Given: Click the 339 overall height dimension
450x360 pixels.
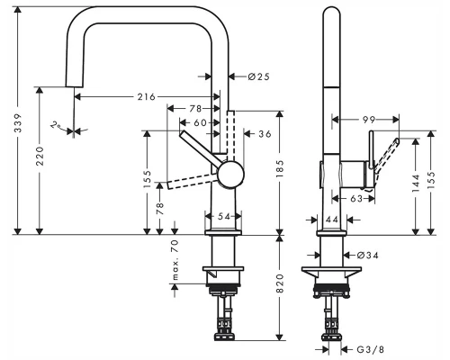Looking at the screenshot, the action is coord(18,122).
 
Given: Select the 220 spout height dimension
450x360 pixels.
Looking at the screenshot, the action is coord(40,156).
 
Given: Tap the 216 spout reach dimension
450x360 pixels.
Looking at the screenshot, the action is coord(147,97).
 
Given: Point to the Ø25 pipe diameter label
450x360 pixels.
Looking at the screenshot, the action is coord(259,76).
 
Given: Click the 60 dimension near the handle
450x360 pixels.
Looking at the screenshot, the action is coord(200,122).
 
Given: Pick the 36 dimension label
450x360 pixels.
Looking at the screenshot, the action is coord(265,134).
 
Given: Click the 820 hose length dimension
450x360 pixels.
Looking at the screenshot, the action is coord(280,283).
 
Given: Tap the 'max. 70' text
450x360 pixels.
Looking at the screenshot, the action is coord(175,260).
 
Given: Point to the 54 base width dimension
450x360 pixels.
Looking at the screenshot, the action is coord(223,216).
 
